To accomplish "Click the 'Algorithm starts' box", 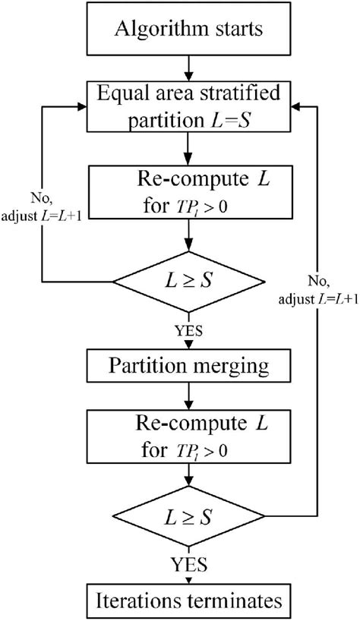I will pos(180,30).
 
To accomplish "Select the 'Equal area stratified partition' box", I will pos(180,106).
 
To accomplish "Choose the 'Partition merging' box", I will pos(180,365).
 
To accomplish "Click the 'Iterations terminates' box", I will pos(180,601).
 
